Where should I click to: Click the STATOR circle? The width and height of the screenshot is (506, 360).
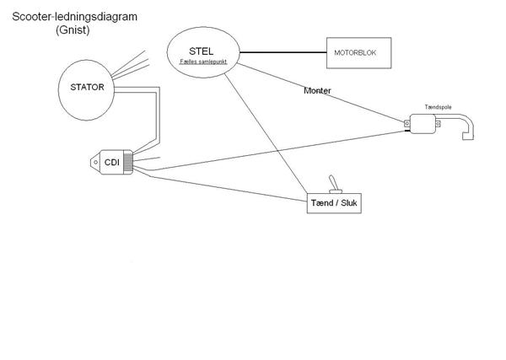[x=88, y=86]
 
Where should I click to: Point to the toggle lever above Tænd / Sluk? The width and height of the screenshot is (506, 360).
[x=333, y=183]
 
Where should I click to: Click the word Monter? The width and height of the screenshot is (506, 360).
[x=317, y=90]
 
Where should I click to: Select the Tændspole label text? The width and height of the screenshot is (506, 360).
[x=439, y=109]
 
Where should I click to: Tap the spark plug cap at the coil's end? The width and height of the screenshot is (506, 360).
[x=469, y=133]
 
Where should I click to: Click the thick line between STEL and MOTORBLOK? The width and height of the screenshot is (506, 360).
[x=283, y=54]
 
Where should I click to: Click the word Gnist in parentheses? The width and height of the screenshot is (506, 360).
[x=73, y=30]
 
